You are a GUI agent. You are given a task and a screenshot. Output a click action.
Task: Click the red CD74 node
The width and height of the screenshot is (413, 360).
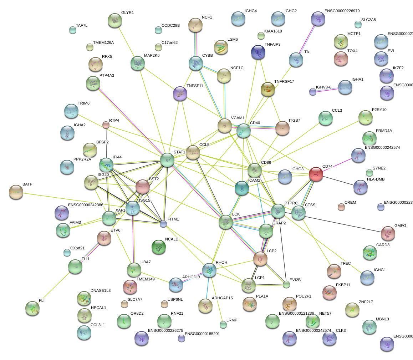[316, 174]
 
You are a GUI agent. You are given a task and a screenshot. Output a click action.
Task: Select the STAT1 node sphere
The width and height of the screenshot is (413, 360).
[167, 160]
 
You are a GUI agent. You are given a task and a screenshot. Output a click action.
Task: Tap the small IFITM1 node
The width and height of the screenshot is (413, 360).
[163, 224]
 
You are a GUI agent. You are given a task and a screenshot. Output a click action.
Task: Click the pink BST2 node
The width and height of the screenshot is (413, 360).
[143, 186]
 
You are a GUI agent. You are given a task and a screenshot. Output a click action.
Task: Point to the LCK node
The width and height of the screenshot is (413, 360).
[226, 222]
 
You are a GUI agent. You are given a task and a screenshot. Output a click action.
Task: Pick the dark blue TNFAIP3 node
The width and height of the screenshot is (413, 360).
[258, 52]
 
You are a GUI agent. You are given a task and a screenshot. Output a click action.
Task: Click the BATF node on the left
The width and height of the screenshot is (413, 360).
[16, 192]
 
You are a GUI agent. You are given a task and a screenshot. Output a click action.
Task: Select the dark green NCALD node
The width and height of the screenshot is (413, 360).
[158, 247]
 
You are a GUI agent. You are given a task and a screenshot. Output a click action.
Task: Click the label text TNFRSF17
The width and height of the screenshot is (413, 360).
[284, 82]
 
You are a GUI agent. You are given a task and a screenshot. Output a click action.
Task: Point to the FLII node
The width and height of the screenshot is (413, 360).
[32, 308]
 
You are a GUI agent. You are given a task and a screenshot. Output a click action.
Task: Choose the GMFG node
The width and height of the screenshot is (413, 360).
[388, 233]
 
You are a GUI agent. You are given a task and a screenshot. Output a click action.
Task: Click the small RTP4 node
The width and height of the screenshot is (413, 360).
[106, 125]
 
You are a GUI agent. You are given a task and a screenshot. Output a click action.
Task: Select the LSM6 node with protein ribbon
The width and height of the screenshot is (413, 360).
[221, 47]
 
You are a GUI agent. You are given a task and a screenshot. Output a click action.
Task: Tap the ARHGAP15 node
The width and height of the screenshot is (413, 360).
[205, 306]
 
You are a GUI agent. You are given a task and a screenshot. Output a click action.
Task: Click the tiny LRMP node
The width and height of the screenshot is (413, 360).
[223, 325]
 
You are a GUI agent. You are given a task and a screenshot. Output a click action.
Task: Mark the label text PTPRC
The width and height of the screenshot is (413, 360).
[291, 203]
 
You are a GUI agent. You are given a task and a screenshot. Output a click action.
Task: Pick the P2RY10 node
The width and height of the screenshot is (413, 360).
[365, 118]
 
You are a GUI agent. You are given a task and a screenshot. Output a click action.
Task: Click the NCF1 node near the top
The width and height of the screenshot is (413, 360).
[195, 25]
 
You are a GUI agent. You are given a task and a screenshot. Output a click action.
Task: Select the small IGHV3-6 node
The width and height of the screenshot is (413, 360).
[313, 92]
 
